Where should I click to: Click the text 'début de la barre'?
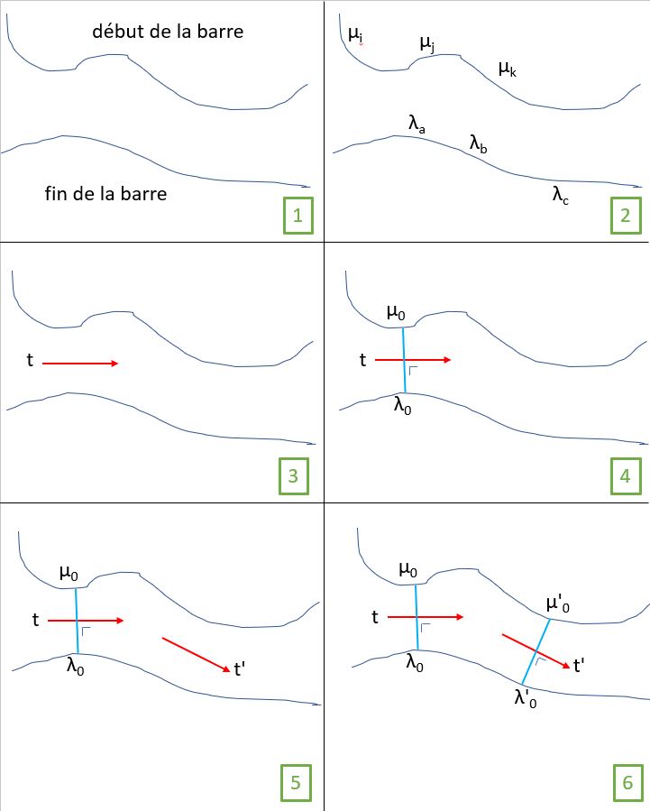point(168,32)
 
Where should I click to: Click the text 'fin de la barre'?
point(105,193)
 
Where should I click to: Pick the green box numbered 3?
point(292,476)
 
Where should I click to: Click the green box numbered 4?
point(625,476)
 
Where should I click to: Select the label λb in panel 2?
point(478,142)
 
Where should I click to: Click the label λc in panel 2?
point(561,192)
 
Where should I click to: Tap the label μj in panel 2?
point(427,43)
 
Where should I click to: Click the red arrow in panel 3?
point(79,364)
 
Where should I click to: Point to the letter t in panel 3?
point(31,361)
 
